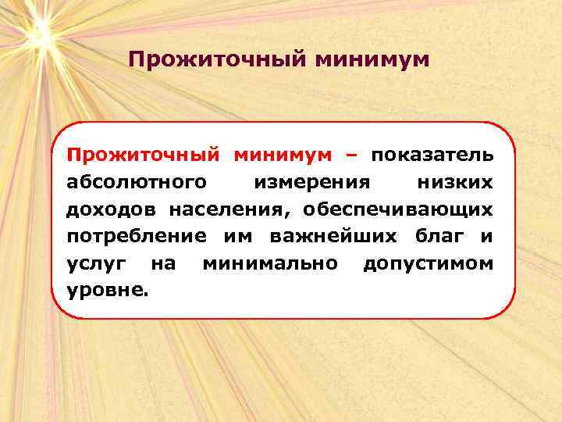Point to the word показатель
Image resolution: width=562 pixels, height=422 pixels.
[x=432, y=155]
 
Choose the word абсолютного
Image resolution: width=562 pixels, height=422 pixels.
[x=137, y=182]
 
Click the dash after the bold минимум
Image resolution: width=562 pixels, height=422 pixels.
[x=349, y=155]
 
